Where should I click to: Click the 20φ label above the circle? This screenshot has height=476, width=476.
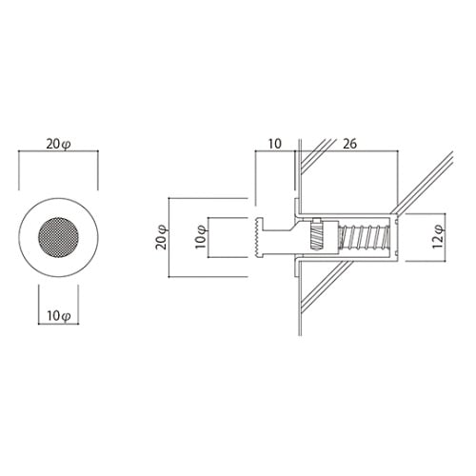(59, 145)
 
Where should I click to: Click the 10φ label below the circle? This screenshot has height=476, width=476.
(59, 316)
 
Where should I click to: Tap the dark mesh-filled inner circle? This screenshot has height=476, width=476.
(58, 237)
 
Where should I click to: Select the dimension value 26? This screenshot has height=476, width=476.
(350, 144)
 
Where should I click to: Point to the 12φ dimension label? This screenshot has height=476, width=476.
(439, 237)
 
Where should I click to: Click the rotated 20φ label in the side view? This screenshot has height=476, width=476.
(162, 237)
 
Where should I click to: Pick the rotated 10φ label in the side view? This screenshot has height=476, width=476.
(201, 237)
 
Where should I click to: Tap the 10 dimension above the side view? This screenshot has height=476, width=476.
(275, 144)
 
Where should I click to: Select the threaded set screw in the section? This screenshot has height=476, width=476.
(316, 237)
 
